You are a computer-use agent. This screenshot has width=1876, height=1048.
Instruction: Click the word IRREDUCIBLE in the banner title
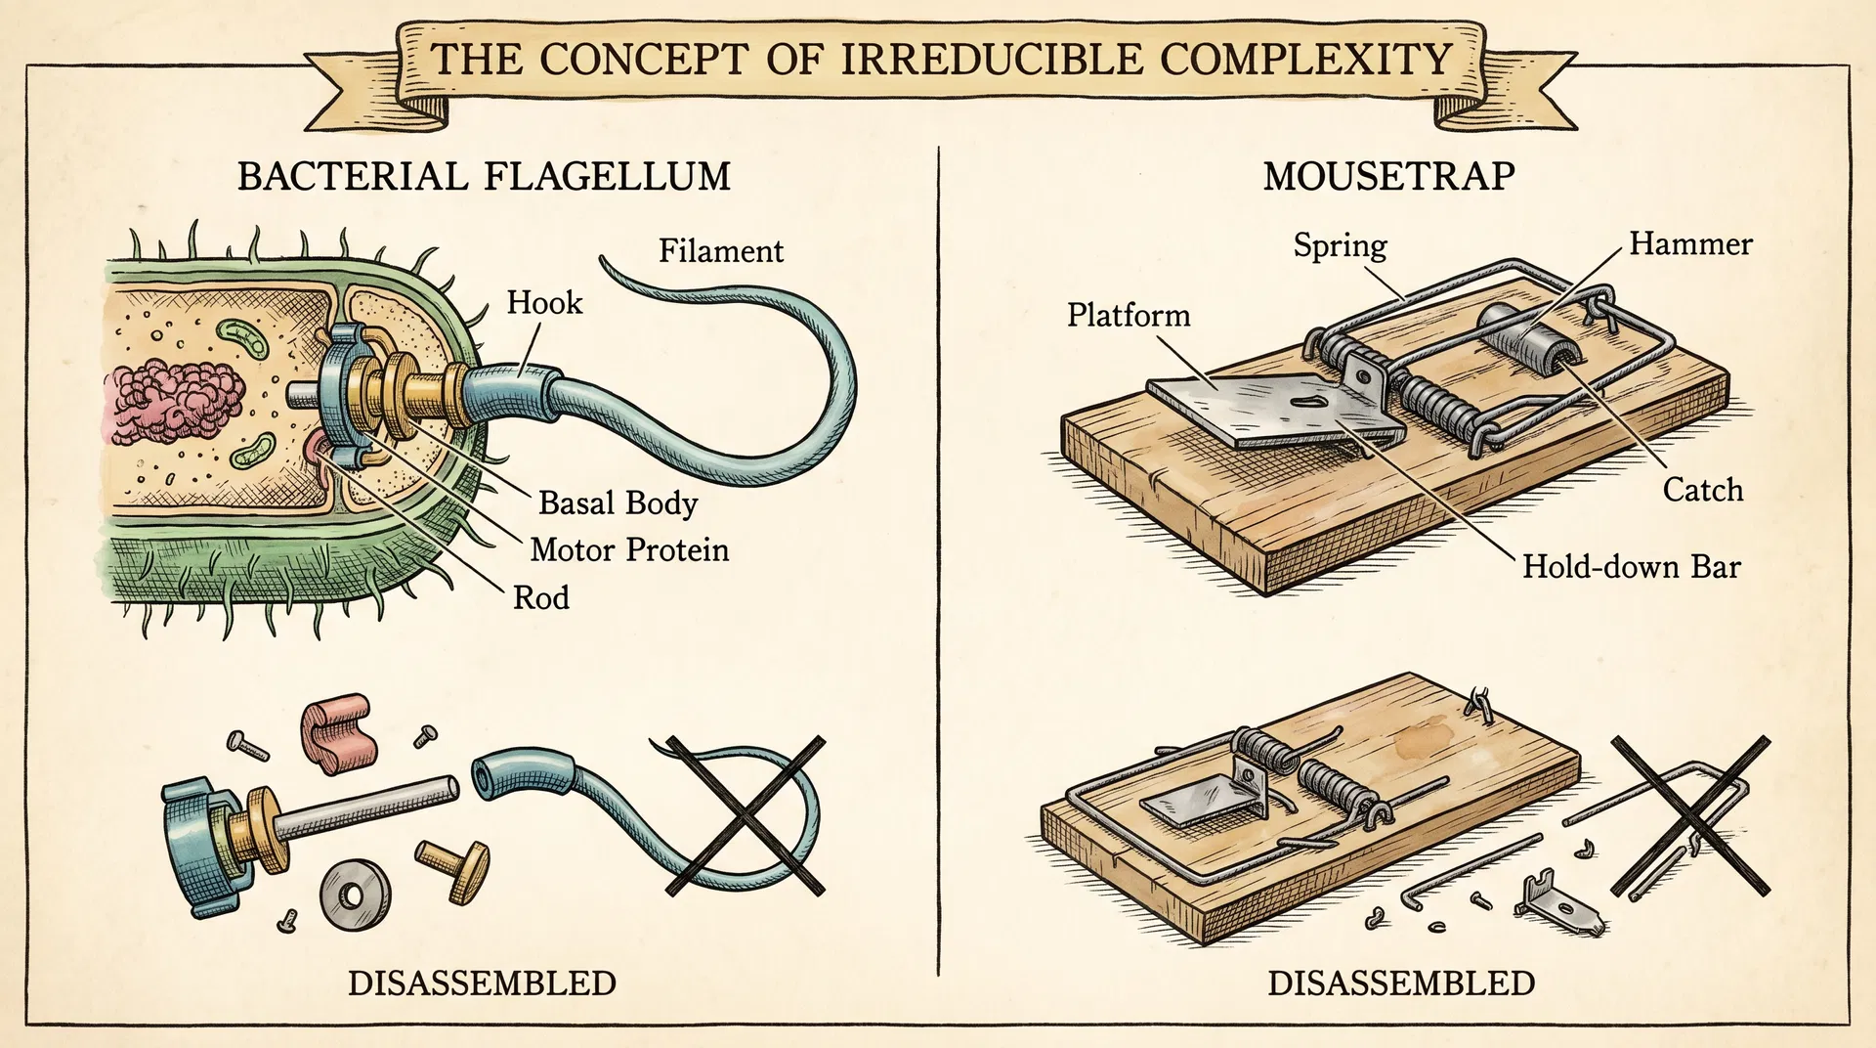pyautogui.click(x=991, y=60)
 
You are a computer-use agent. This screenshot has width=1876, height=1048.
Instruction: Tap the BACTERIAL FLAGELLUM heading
pyautogui.click(x=484, y=177)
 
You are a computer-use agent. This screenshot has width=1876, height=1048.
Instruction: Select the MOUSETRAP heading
pyautogui.click(x=1388, y=177)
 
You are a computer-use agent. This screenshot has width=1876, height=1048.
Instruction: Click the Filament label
pyautogui.click(x=720, y=251)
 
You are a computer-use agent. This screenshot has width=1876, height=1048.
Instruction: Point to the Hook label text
pyautogui.click(x=544, y=303)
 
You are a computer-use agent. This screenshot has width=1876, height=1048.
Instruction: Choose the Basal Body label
pyautogui.click(x=618, y=502)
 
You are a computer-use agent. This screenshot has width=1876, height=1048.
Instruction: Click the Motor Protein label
pyautogui.click(x=629, y=549)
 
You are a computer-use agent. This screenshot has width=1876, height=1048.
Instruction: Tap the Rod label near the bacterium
pyautogui.click(x=541, y=597)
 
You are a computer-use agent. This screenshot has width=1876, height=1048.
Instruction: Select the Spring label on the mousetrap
pyautogui.click(x=1340, y=245)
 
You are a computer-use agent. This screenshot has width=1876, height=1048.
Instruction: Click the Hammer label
pyautogui.click(x=1690, y=243)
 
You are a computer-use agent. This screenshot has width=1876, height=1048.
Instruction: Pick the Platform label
pyautogui.click(x=1129, y=315)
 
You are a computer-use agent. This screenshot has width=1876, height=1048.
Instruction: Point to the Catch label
pyautogui.click(x=1703, y=490)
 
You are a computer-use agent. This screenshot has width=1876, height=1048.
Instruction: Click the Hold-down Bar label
pyautogui.click(x=1632, y=567)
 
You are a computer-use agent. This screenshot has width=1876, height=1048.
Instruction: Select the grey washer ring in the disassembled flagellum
pyautogui.click(x=355, y=895)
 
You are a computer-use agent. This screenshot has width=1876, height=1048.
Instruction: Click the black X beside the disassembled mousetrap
pyautogui.click(x=1690, y=816)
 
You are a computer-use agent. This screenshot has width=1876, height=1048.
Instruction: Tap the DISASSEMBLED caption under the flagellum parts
pyautogui.click(x=482, y=983)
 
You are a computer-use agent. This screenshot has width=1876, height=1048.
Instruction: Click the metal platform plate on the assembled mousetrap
pyautogui.click(x=1270, y=409)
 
